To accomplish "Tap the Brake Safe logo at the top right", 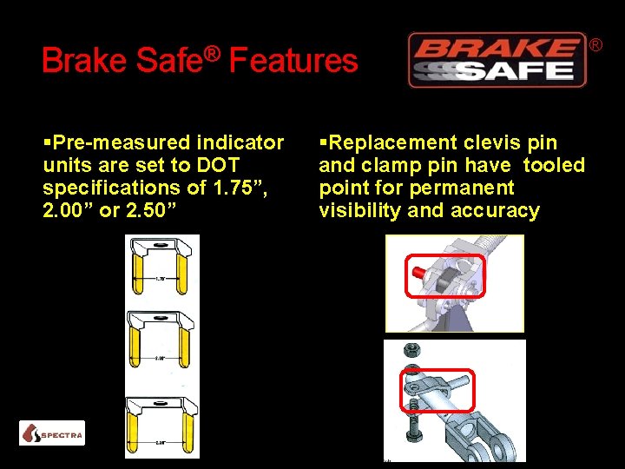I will point(497,60).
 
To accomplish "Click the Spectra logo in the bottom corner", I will point(52,433).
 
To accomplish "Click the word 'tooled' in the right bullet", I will point(556,165).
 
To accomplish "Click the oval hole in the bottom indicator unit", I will point(161,401).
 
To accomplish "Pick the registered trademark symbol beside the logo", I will point(596,43).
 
